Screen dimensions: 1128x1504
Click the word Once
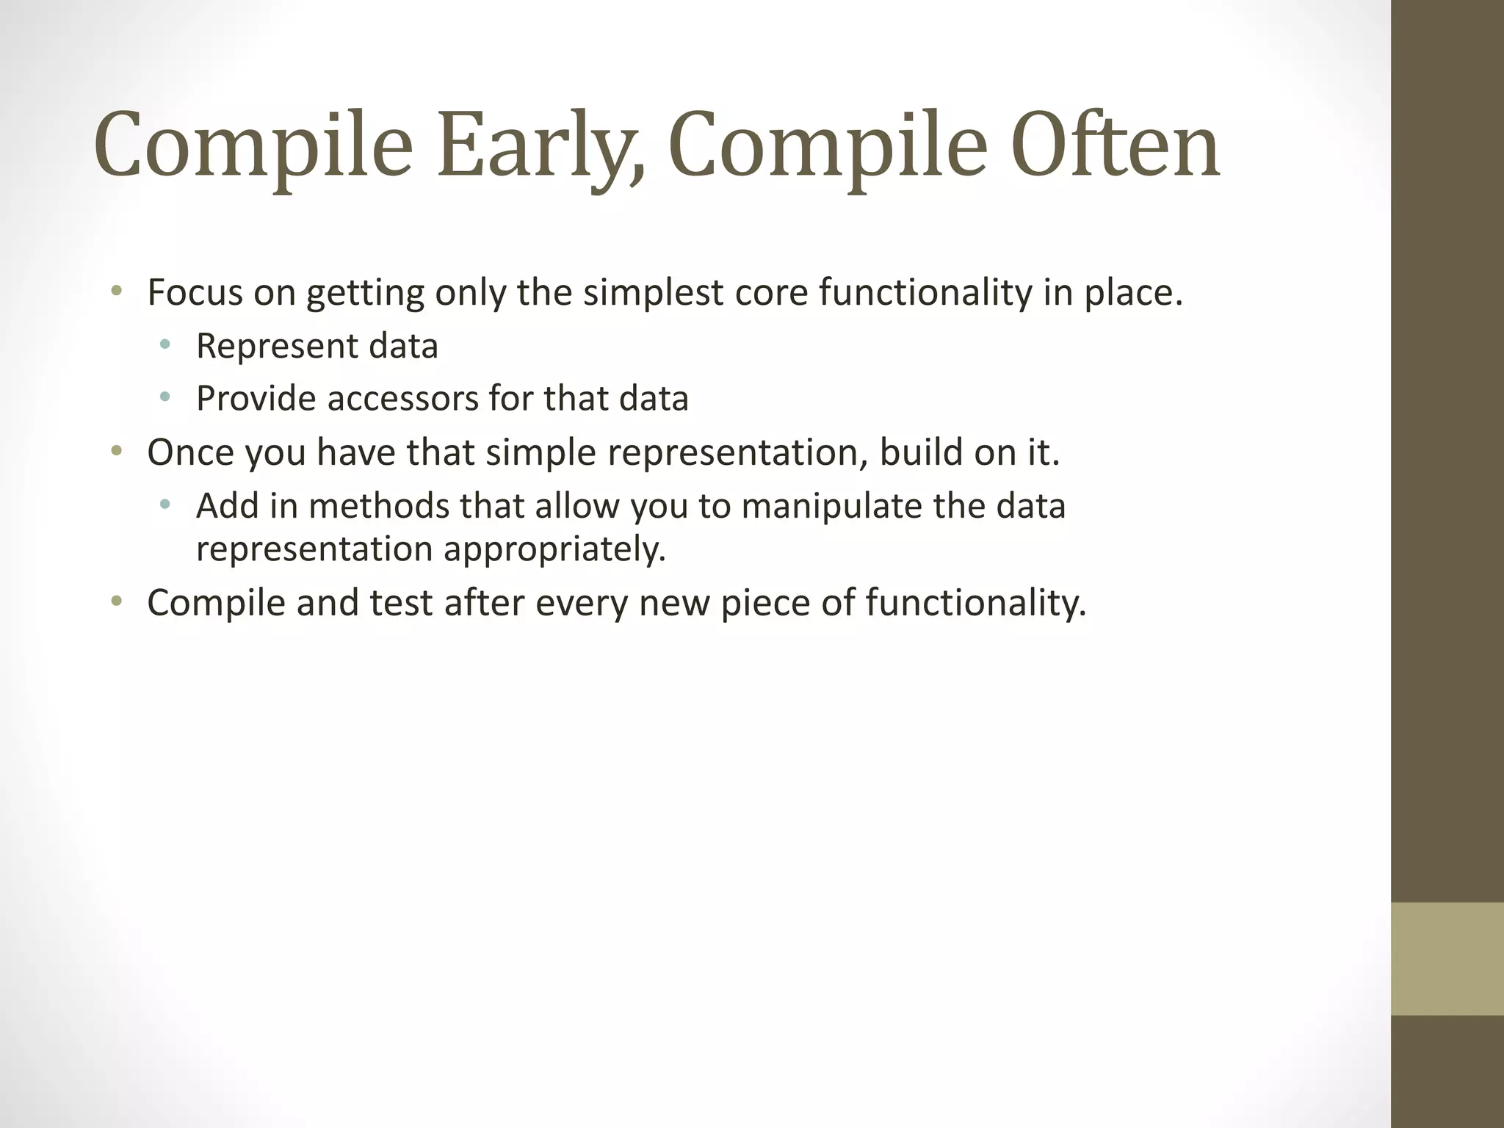point(190,452)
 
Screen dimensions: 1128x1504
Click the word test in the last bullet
point(400,602)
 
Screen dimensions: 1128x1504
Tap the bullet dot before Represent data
point(165,344)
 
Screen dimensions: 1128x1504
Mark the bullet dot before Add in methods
point(165,504)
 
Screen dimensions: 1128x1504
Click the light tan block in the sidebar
point(1447,958)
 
